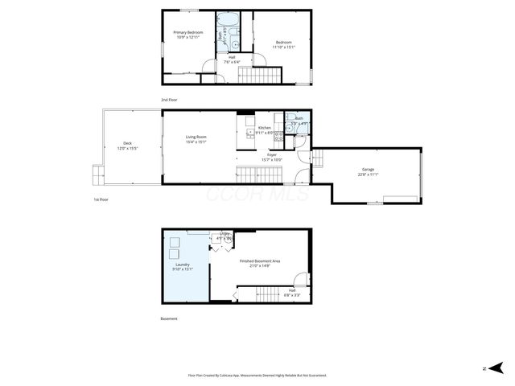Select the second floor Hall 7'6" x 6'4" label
tap(232, 59)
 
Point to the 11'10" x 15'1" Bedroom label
tap(283, 44)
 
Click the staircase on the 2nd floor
tap(260, 76)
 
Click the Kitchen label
tap(265, 130)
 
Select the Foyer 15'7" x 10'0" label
tap(272, 157)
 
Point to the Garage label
tap(368, 172)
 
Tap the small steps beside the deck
tap(98, 173)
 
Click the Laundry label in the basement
tap(183, 266)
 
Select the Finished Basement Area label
tap(259, 263)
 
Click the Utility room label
tap(225, 237)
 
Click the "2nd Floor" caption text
tap(169, 100)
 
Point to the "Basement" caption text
tap(169, 318)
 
